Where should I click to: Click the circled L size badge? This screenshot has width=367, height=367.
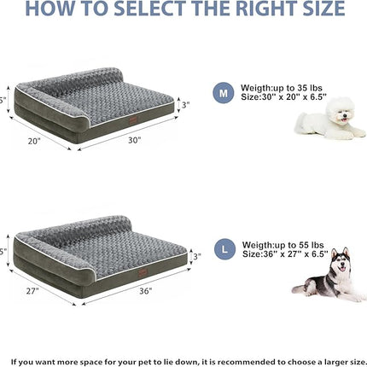tap(223, 250)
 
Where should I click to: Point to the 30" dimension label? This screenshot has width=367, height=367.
tap(135, 142)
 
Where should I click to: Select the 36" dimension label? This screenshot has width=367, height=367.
tap(144, 291)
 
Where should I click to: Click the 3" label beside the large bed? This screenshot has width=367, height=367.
tap(195, 256)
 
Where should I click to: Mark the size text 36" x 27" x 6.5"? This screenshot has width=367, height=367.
tap(288, 254)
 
